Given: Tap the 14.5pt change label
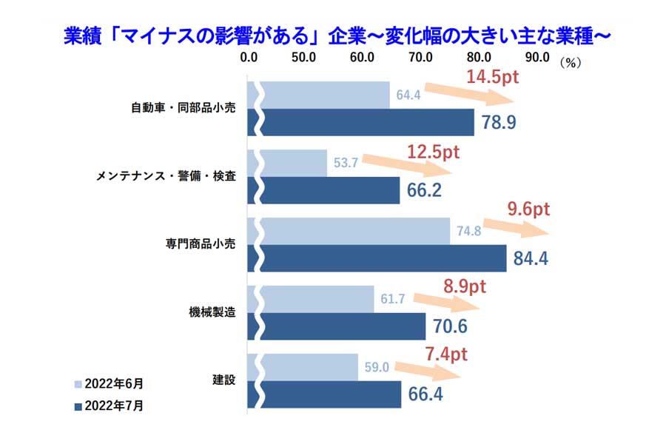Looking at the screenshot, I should [494, 76].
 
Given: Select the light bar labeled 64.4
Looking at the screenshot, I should [326, 95].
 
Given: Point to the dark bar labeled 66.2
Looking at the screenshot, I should [329, 190].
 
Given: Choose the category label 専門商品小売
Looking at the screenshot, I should [201, 243].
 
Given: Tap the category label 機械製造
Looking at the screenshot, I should [212, 312].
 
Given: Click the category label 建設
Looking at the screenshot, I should [223, 380].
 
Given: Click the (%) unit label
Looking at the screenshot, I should [570, 62].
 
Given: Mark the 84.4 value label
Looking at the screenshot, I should [531, 259].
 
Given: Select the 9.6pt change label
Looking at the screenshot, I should [528, 209].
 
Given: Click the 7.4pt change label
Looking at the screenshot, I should [446, 354].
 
